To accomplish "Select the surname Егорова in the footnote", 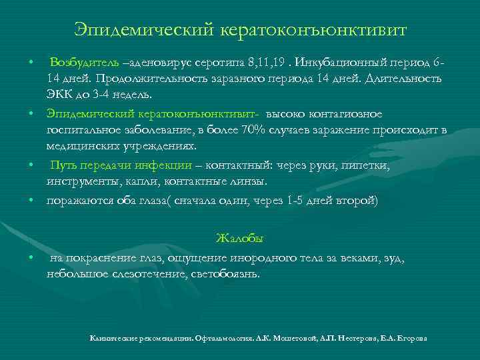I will [x=409, y=339].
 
